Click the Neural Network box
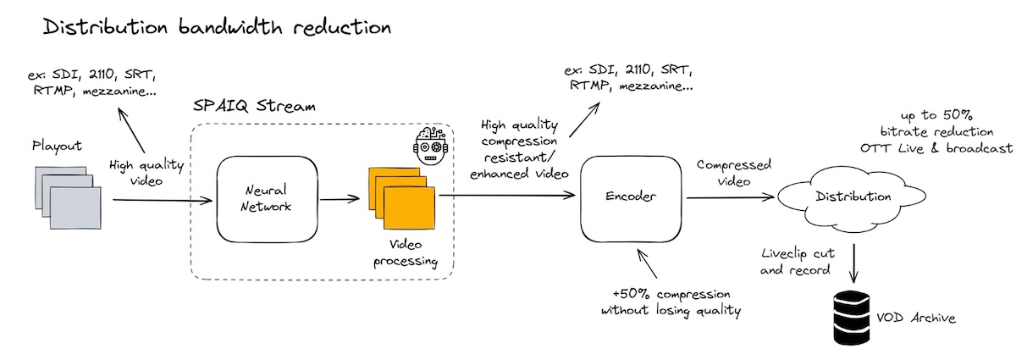pos(266,201)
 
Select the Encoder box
pos(632,197)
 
